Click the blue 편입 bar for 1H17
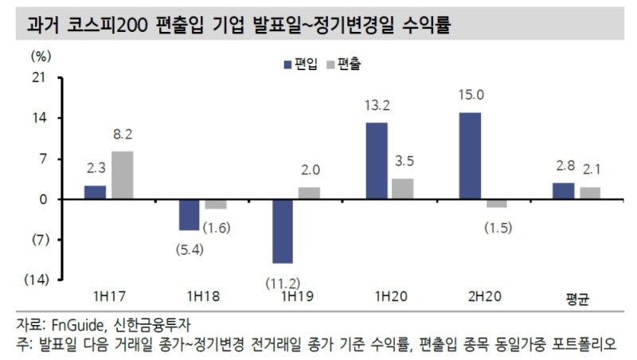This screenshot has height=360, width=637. point(95,192)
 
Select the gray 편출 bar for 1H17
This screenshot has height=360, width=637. point(122,175)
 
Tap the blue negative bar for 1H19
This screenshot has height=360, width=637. point(282,231)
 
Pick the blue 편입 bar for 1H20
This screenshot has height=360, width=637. point(376,161)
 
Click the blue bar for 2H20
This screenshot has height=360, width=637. point(470,156)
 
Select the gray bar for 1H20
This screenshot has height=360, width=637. point(403,189)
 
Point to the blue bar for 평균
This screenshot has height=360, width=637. point(563,191)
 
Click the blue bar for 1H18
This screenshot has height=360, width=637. point(189,215)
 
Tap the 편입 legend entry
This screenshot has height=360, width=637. point(299,65)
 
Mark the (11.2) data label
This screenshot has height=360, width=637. point(283,283)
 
